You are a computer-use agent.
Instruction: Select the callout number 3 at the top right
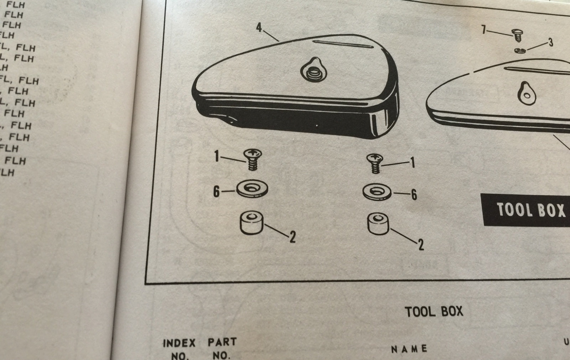(x=550, y=43)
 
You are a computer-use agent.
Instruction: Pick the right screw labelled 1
(x=374, y=163)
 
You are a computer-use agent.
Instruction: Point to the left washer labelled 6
(x=252, y=188)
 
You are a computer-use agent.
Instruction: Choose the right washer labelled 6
(x=377, y=192)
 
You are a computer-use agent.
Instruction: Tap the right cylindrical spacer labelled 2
(x=378, y=224)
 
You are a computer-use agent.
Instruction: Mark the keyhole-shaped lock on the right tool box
(x=525, y=93)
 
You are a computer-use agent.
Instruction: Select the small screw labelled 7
(x=517, y=36)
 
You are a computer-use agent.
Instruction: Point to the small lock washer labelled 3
(x=520, y=50)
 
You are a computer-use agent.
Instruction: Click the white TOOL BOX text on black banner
(x=531, y=210)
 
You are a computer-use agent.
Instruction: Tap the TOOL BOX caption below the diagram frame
(x=434, y=312)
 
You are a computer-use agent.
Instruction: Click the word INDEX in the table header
(x=179, y=343)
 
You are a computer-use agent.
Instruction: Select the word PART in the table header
(x=222, y=342)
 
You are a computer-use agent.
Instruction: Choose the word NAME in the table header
(x=409, y=349)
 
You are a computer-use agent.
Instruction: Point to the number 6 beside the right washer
(x=414, y=195)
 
